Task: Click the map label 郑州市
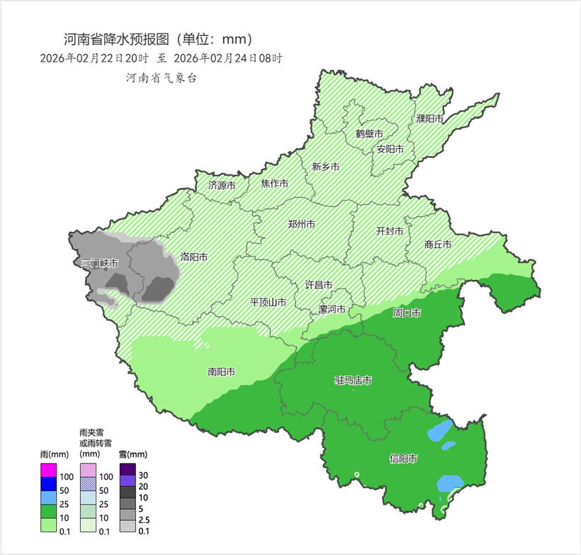(x=302, y=224)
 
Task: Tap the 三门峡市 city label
(x=98, y=263)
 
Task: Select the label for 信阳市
(x=403, y=459)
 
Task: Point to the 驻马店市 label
(x=353, y=381)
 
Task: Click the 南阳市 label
(x=222, y=371)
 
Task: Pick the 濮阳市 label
(x=429, y=118)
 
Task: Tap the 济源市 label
(x=222, y=185)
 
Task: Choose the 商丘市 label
(x=438, y=244)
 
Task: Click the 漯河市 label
(x=332, y=310)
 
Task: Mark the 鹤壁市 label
(x=369, y=133)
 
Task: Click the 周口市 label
(x=407, y=313)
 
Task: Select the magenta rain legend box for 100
(x=48, y=470)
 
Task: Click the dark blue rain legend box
(x=48, y=484)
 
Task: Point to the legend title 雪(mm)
(x=132, y=454)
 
